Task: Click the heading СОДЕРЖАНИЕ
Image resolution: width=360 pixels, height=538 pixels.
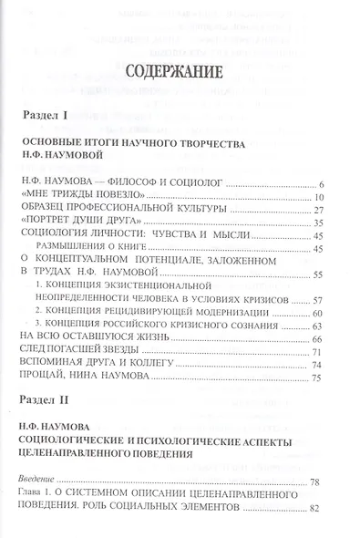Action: [180, 75]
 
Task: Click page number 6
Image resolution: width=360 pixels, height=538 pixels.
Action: [323, 185]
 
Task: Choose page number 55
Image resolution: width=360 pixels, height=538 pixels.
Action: [319, 274]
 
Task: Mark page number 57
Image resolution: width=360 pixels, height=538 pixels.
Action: [319, 300]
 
